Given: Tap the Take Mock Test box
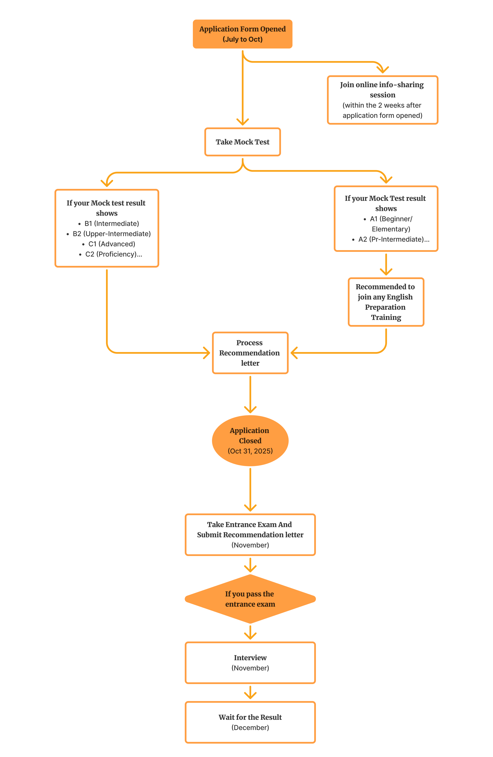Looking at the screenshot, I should [x=242, y=142].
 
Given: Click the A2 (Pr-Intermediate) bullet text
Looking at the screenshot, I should [x=394, y=239].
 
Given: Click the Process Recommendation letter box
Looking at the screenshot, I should [x=250, y=353].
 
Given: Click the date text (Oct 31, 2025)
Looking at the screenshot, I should [x=250, y=451].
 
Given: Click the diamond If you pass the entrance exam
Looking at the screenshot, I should [x=250, y=599].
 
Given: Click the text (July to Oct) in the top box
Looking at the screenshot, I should [x=242, y=39].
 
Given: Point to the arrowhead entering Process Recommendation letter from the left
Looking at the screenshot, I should [x=208, y=353].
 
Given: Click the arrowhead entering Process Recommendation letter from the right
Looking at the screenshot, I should [x=293, y=353].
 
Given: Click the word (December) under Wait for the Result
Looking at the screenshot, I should [x=250, y=728].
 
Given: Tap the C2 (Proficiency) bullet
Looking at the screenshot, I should [x=114, y=254].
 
